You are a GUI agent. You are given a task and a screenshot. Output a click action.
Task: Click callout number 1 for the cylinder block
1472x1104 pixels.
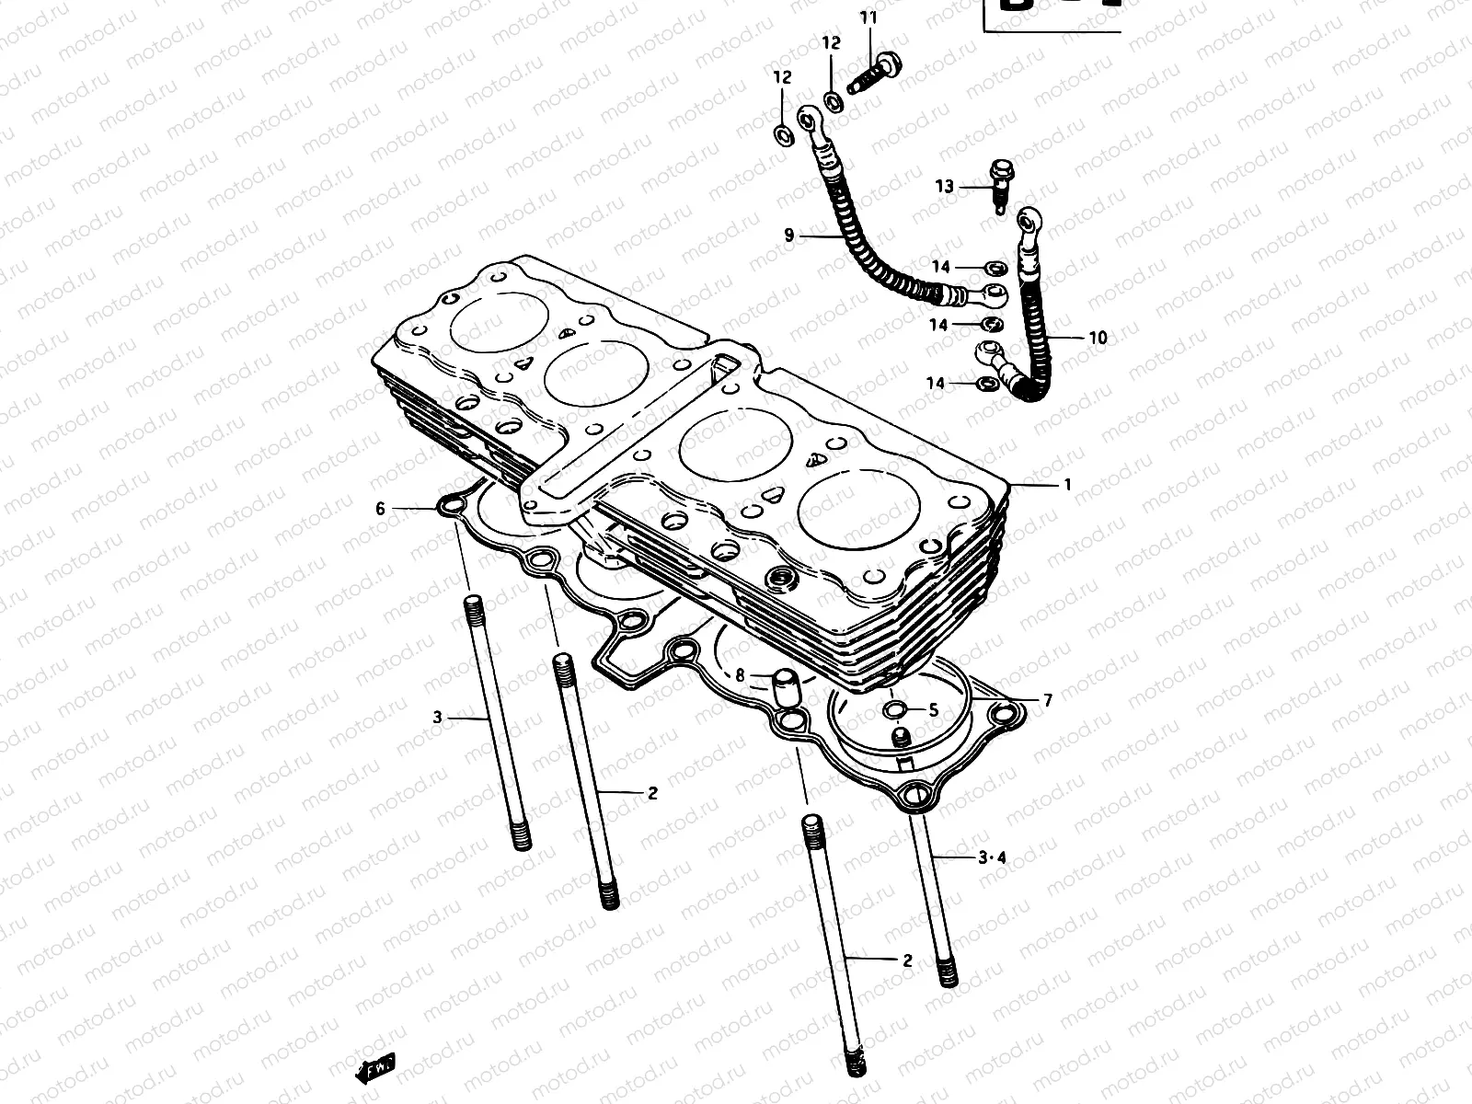[1067, 484]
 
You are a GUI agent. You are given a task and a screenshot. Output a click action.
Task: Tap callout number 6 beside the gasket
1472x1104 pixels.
[380, 508]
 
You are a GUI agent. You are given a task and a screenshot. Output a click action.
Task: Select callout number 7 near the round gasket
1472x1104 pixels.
[1047, 700]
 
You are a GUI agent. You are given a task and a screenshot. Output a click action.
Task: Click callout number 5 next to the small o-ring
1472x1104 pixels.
[933, 709]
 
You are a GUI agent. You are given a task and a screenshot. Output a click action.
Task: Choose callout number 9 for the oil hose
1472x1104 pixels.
[788, 236]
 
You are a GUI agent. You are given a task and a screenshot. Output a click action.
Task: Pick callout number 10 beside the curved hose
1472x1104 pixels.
[1098, 338]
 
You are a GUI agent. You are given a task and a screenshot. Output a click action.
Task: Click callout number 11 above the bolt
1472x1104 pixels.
[869, 18]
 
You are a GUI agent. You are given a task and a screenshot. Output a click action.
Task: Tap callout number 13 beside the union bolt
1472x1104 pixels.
[945, 187]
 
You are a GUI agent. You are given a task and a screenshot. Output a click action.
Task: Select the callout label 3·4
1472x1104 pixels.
[992, 857]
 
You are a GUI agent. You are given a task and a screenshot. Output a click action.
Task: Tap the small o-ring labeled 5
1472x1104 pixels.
[895, 709]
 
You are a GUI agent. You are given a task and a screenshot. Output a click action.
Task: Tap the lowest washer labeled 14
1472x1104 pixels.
[984, 383]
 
